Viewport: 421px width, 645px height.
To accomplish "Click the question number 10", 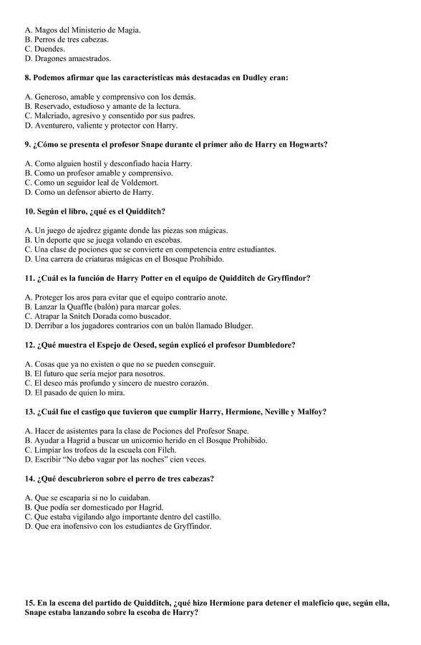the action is pos(30,211).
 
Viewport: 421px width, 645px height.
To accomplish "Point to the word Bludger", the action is pos(236,325).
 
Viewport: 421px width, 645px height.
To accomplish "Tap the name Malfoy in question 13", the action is pos(312,411).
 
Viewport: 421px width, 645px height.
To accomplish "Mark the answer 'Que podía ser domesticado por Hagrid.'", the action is pos(94,507).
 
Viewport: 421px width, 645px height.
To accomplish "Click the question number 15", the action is pos(30,603).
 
